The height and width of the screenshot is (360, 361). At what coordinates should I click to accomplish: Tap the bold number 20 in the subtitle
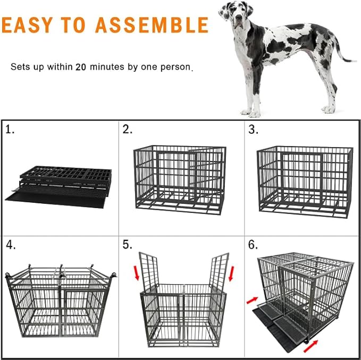click(81, 67)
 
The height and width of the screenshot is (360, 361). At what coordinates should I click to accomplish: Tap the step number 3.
click(253, 130)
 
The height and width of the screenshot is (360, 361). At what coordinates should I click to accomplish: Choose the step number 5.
click(128, 245)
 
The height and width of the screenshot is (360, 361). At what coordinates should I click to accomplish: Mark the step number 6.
click(253, 245)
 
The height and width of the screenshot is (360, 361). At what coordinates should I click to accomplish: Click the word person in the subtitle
click(175, 67)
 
